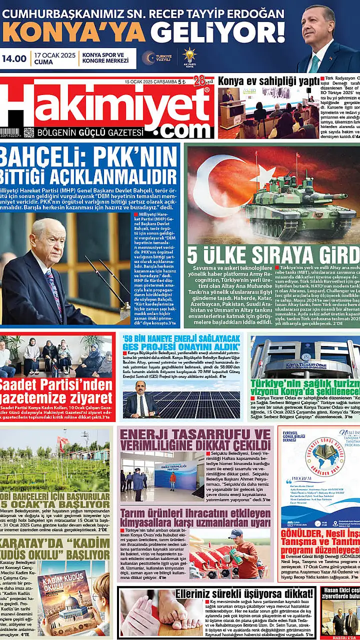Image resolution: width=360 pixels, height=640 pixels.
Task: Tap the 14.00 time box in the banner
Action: click(x=14, y=58)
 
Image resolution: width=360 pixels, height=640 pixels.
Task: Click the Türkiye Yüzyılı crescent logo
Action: click(x=148, y=58)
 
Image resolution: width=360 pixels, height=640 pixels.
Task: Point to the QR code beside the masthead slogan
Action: click(x=28, y=132)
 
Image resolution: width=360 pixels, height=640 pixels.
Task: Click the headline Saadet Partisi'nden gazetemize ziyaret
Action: click(x=56, y=391)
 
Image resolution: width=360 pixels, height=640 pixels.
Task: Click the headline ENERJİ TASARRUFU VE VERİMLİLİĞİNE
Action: click(x=195, y=440)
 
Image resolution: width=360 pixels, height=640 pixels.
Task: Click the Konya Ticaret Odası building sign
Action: click(x=298, y=365)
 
